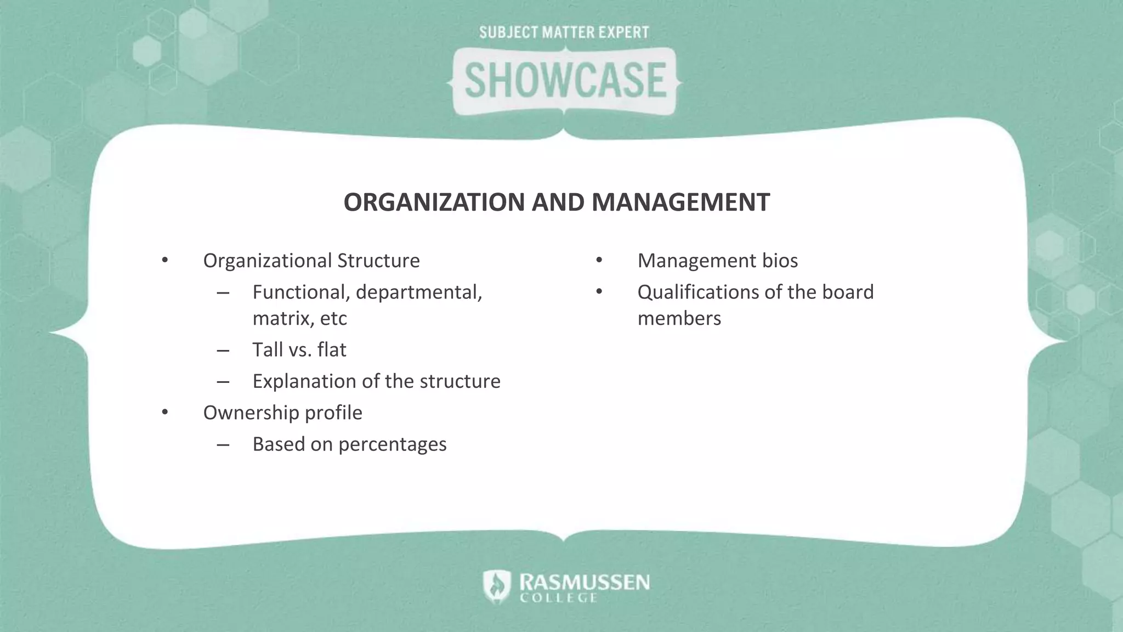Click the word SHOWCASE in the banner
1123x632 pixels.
coord(565,81)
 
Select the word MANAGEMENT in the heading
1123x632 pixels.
coord(680,202)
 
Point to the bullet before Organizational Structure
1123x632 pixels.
coord(165,260)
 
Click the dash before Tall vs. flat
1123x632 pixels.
coord(223,350)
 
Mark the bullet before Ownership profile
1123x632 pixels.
coord(165,413)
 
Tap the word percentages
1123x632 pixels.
coord(392,444)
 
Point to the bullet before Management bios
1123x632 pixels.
coord(599,260)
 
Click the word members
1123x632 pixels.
coord(679,318)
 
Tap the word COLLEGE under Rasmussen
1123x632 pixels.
coord(558,598)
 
